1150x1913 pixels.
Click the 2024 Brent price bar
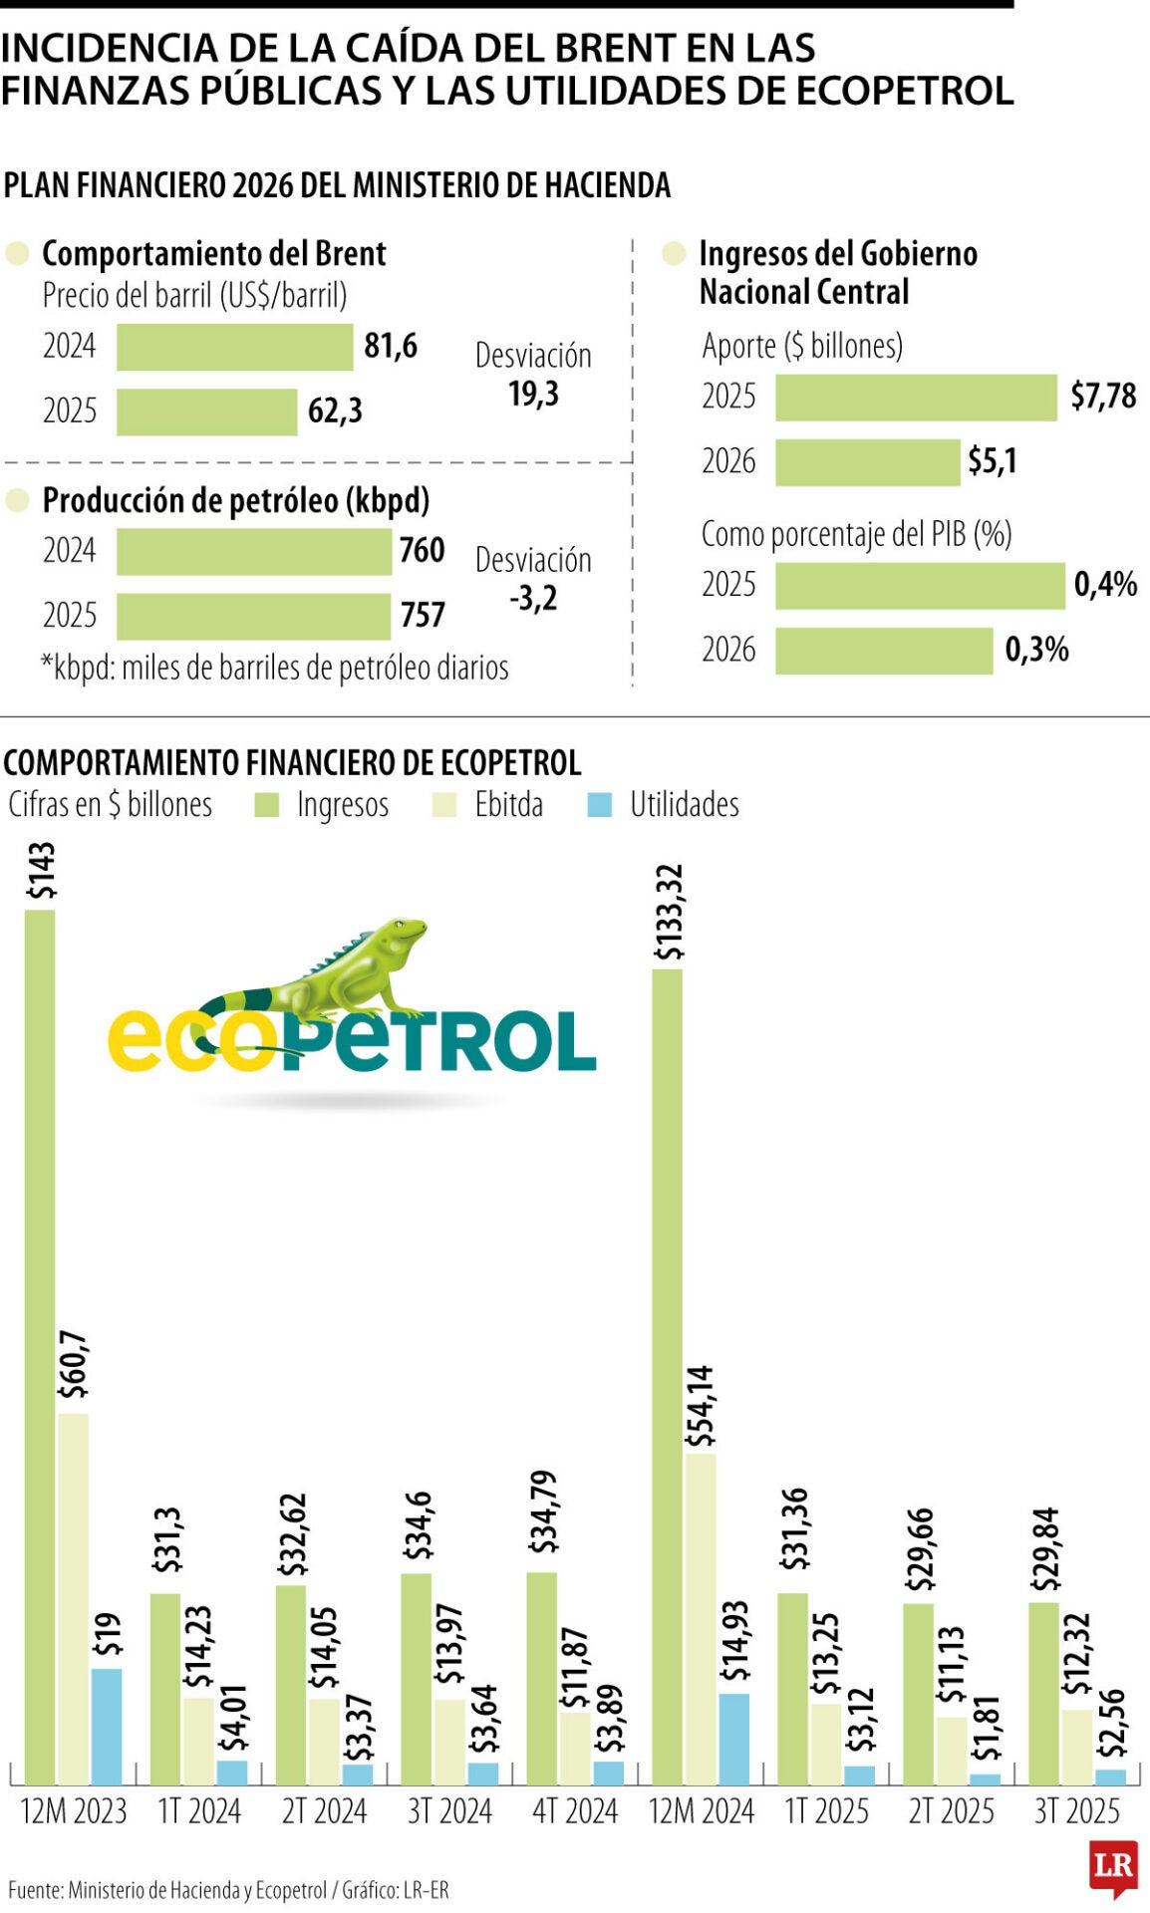click(x=234, y=347)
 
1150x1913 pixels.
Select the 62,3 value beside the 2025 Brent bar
click(x=335, y=410)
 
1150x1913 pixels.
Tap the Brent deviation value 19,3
click(x=533, y=395)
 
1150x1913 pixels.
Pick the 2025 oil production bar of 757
click(x=253, y=616)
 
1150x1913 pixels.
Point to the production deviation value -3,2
click(x=533, y=599)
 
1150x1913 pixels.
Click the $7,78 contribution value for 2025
click(x=1102, y=397)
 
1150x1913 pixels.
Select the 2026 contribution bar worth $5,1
click(x=867, y=462)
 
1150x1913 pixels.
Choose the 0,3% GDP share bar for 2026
click(x=884, y=651)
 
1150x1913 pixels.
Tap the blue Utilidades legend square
click(x=600, y=805)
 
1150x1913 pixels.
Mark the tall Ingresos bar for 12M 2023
click(x=40, y=1345)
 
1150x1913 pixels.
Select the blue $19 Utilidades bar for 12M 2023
click(x=107, y=1727)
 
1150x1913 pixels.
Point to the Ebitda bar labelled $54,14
click(x=701, y=1619)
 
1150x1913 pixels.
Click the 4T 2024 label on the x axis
click(x=575, y=1810)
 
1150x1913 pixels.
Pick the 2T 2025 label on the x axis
click(x=951, y=1810)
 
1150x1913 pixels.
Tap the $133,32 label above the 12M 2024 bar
click(x=669, y=912)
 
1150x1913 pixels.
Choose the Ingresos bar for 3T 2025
click(x=1043, y=1694)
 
